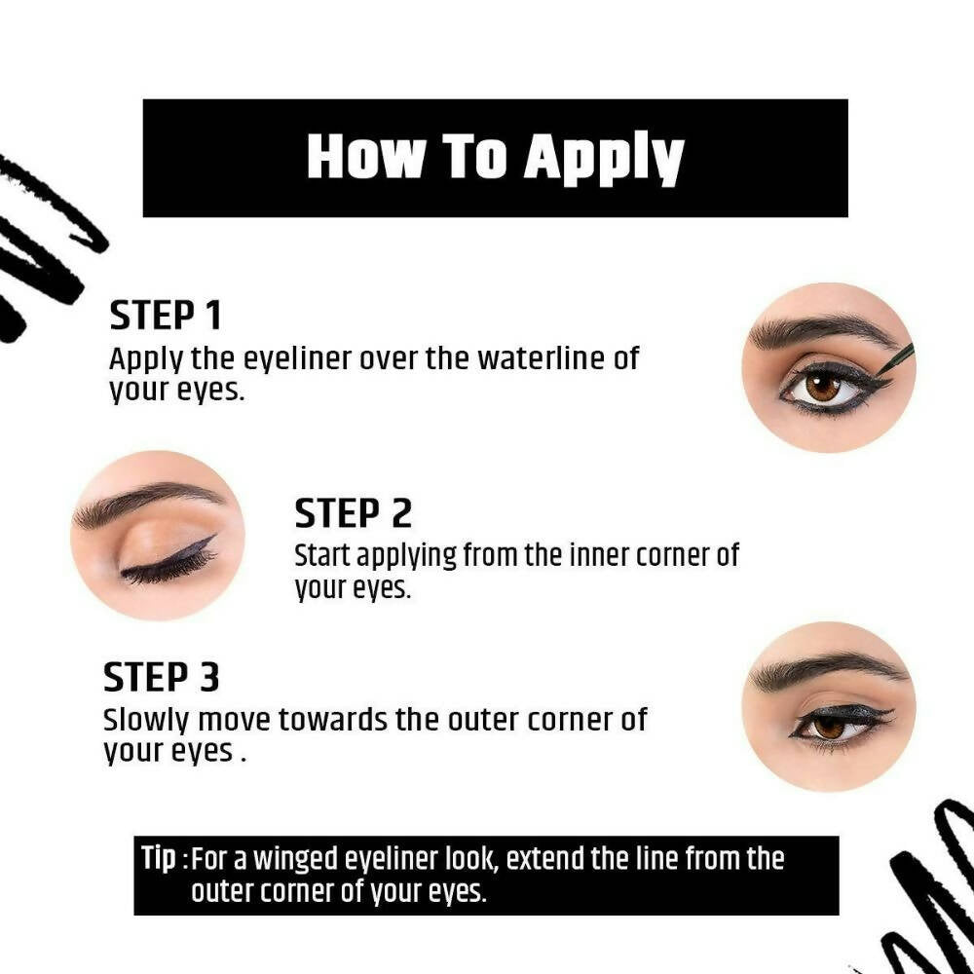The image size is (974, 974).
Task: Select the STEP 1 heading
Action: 166,315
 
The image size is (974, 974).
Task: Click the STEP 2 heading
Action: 353,513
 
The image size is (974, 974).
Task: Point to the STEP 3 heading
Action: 162,677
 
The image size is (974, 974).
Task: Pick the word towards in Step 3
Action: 332,720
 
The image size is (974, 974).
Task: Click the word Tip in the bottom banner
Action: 159,859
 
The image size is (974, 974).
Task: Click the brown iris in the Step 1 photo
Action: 823,387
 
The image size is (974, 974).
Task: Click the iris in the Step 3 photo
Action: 829,727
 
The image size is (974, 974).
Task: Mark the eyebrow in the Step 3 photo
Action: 826,670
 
